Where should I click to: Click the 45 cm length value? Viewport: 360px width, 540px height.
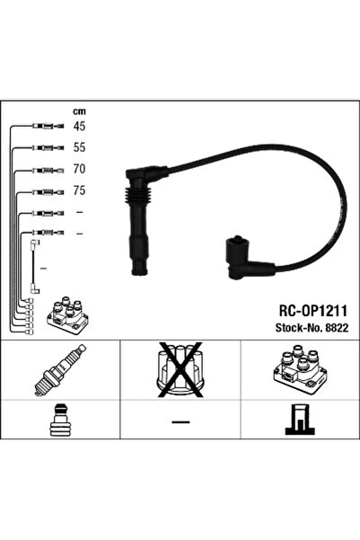[x=79, y=126]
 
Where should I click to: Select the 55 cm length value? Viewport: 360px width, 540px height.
[x=79, y=147]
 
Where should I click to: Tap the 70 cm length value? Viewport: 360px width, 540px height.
[x=79, y=169]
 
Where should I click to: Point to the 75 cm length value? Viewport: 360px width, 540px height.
[x=79, y=190]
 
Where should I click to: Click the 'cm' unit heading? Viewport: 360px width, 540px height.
[x=79, y=111]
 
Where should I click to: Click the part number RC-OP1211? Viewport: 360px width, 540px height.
[x=312, y=311]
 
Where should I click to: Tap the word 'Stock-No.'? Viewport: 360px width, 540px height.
[x=298, y=328]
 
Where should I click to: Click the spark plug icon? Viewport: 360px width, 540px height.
[x=60, y=370]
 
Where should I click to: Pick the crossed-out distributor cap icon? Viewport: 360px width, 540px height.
[x=180, y=369]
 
